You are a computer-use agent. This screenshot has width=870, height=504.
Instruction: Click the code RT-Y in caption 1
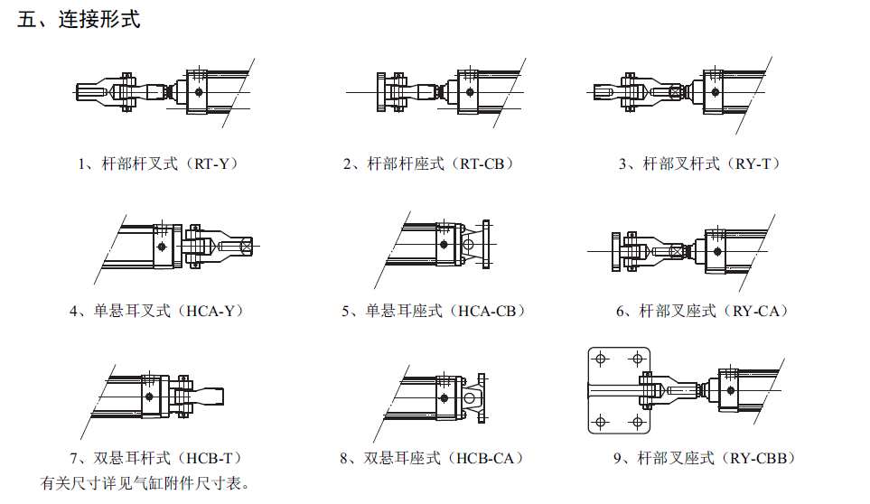pos(211,164)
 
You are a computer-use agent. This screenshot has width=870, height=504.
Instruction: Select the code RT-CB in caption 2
pos(486,164)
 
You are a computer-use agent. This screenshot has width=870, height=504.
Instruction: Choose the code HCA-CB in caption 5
pos(491,312)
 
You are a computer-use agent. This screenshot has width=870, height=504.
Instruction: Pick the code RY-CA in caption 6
pos(760,312)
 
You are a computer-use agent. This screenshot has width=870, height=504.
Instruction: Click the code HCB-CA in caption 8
pos(490,459)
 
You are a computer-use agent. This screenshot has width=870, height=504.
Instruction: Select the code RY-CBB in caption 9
pos(763,459)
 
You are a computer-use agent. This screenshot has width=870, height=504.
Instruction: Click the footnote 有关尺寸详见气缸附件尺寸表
pos(145,483)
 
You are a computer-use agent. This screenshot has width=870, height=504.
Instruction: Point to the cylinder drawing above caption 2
pos(434,91)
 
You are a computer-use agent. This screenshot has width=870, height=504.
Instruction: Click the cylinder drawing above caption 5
pos(443,244)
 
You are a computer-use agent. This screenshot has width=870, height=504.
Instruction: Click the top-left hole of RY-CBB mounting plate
pos(599,359)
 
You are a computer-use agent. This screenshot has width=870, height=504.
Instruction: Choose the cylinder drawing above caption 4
pos(181,244)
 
